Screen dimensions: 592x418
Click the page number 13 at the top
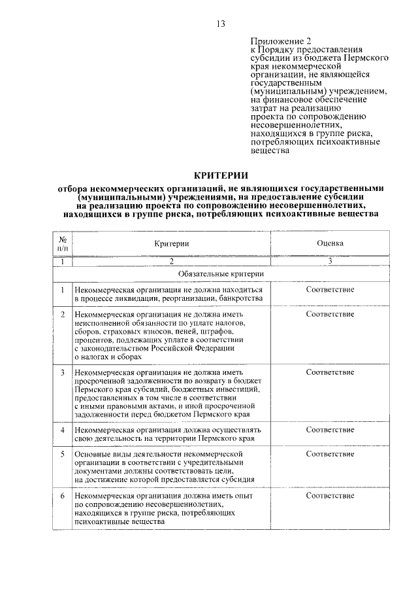[x=220, y=24]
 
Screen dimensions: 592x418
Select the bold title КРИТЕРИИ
[x=220, y=175]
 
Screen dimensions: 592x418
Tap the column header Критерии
[x=172, y=243]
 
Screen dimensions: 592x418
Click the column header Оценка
[x=330, y=243]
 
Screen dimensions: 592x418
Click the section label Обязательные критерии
[x=221, y=273]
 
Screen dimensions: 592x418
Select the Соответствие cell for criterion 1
[x=330, y=289]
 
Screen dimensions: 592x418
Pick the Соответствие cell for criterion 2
[x=330, y=315]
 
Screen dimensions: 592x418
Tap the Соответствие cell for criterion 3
[x=330, y=372]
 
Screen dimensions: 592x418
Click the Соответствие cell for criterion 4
[x=330, y=430]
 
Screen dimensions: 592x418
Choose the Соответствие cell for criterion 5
[x=330, y=453]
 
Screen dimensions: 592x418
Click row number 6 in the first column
[x=63, y=496]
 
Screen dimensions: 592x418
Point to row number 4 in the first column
[x=63, y=430]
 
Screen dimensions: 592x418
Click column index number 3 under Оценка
[x=330, y=261]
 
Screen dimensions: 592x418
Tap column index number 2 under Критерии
[x=172, y=261]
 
